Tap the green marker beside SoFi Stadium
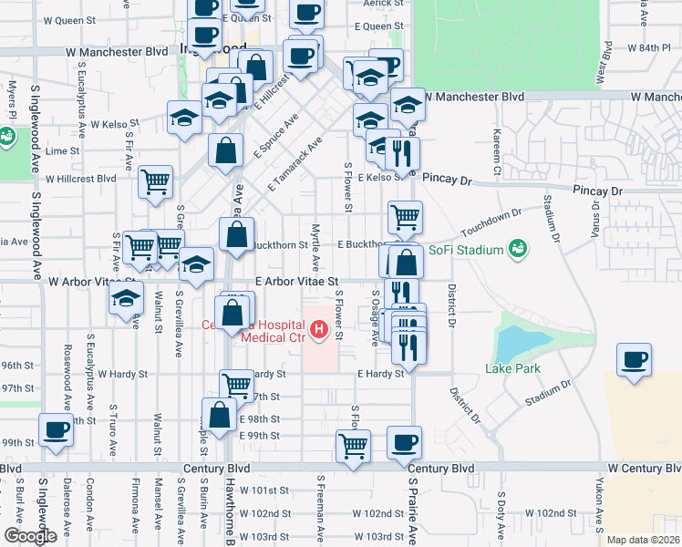coord(518,248)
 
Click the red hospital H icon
coord(319,330)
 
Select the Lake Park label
coord(512,368)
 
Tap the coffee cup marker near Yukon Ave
coord(634,357)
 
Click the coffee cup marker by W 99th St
coord(56,428)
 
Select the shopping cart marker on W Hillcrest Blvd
coord(156,181)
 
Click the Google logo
coord(30,535)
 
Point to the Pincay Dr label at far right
coord(597,191)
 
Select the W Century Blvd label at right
coord(644,468)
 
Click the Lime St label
coord(62,150)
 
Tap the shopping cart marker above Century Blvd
coord(353,446)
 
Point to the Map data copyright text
coord(644,539)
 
